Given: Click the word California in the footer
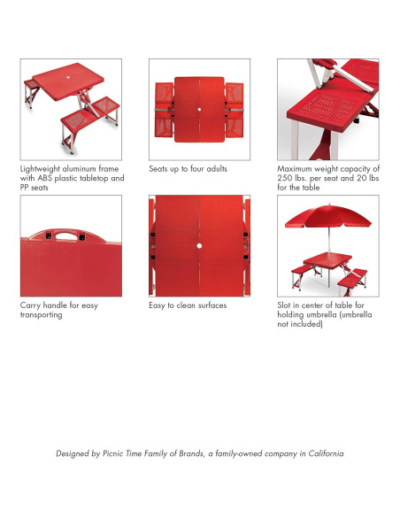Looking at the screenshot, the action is pos(326,453).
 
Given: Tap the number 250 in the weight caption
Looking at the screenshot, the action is pos(284,178).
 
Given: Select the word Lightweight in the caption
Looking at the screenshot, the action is pos(40,169).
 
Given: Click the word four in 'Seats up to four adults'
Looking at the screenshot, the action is pos(196,169).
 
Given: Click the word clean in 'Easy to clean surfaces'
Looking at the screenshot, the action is pos(187,305).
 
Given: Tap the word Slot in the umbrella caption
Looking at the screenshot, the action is pos(284,305).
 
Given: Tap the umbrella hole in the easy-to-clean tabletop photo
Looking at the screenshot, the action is pos(199,245).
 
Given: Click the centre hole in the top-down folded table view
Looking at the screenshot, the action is pos(199,110).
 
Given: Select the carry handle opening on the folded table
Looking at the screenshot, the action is pos(65,235).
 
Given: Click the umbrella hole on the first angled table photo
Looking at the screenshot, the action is pos(68,78).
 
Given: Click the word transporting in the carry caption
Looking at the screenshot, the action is pos(42,315).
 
